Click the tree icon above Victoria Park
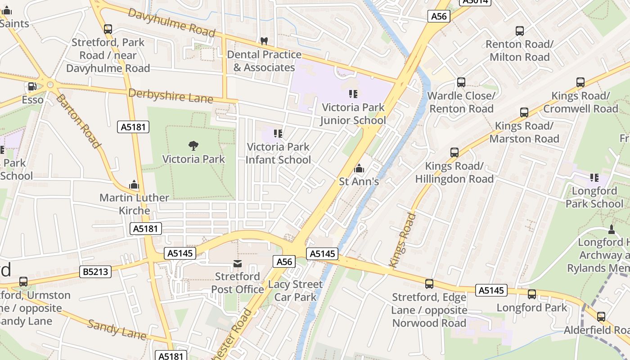point(193,145)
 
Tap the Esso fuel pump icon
point(32,86)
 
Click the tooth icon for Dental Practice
point(264,41)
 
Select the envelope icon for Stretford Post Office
point(237,263)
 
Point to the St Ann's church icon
point(359,169)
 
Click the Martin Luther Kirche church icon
point(134,184)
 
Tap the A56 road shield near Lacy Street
point(284,261)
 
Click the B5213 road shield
point(96,271)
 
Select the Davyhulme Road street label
point(171,22)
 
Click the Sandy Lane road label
point(117,330)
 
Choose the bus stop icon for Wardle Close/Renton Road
point(461,82)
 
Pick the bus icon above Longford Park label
point(532,294)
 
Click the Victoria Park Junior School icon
point(353,94)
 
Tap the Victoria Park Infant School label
point(279,153)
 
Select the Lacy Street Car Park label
point(295,291)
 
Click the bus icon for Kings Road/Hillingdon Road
point(454,153)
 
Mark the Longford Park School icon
point(594,178)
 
